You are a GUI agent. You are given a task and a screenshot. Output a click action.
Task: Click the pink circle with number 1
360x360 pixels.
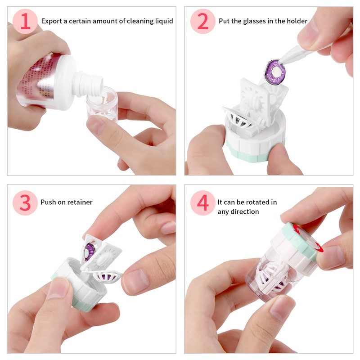(x=25, y=21)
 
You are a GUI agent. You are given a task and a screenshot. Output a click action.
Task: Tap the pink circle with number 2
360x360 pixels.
(x=203, y=21)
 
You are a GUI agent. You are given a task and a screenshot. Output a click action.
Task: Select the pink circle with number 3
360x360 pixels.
(x=25, y=202)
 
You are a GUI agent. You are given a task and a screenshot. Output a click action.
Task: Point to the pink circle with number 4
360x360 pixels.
(x=203, y=202)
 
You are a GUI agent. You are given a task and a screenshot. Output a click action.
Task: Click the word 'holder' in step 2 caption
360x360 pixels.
(x=297, y=21)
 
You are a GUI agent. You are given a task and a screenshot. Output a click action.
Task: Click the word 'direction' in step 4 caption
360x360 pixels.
(x=246, y=211)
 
